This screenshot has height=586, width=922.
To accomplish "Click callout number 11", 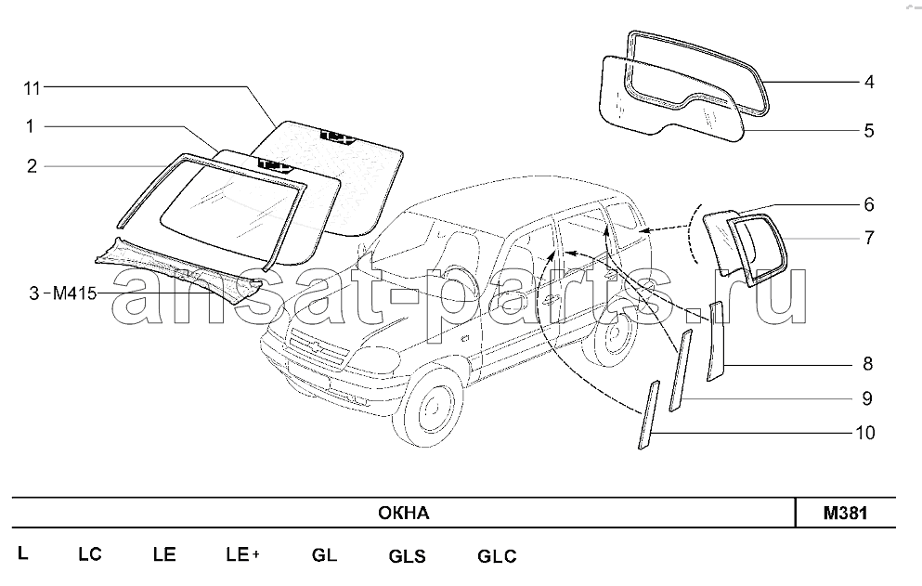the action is pos(32,88).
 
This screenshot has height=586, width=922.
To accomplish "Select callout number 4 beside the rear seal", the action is pos(869,82).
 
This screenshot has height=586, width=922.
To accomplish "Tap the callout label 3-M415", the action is pos(63,293).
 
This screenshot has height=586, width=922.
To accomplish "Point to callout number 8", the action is pos(868,364).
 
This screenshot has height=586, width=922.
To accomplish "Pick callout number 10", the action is pos(865,433).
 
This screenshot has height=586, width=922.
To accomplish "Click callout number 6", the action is pos(869,204).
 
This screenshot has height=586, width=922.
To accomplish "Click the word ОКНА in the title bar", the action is pos(403,513).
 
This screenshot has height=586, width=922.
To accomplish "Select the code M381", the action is pos(845,513).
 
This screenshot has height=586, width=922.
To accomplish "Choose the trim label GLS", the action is pos(407,556).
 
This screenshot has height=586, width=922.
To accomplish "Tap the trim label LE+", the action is pos(243,554).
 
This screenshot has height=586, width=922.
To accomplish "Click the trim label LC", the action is pos(90,554).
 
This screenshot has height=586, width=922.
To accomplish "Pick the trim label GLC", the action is pos(497,556).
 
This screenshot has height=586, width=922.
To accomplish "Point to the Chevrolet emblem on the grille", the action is pos(317,347).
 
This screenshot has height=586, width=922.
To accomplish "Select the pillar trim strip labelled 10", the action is pos(649,415).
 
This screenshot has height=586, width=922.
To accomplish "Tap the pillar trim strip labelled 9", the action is pos(681,371).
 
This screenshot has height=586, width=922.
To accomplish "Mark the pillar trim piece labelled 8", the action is pos(717,342).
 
